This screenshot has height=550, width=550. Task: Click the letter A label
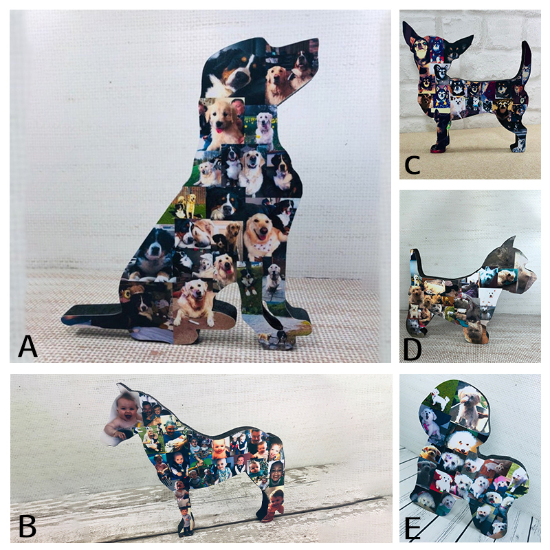[28, 345]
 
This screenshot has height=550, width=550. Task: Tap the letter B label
[27, 526]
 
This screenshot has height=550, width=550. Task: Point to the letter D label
[412, 349]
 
